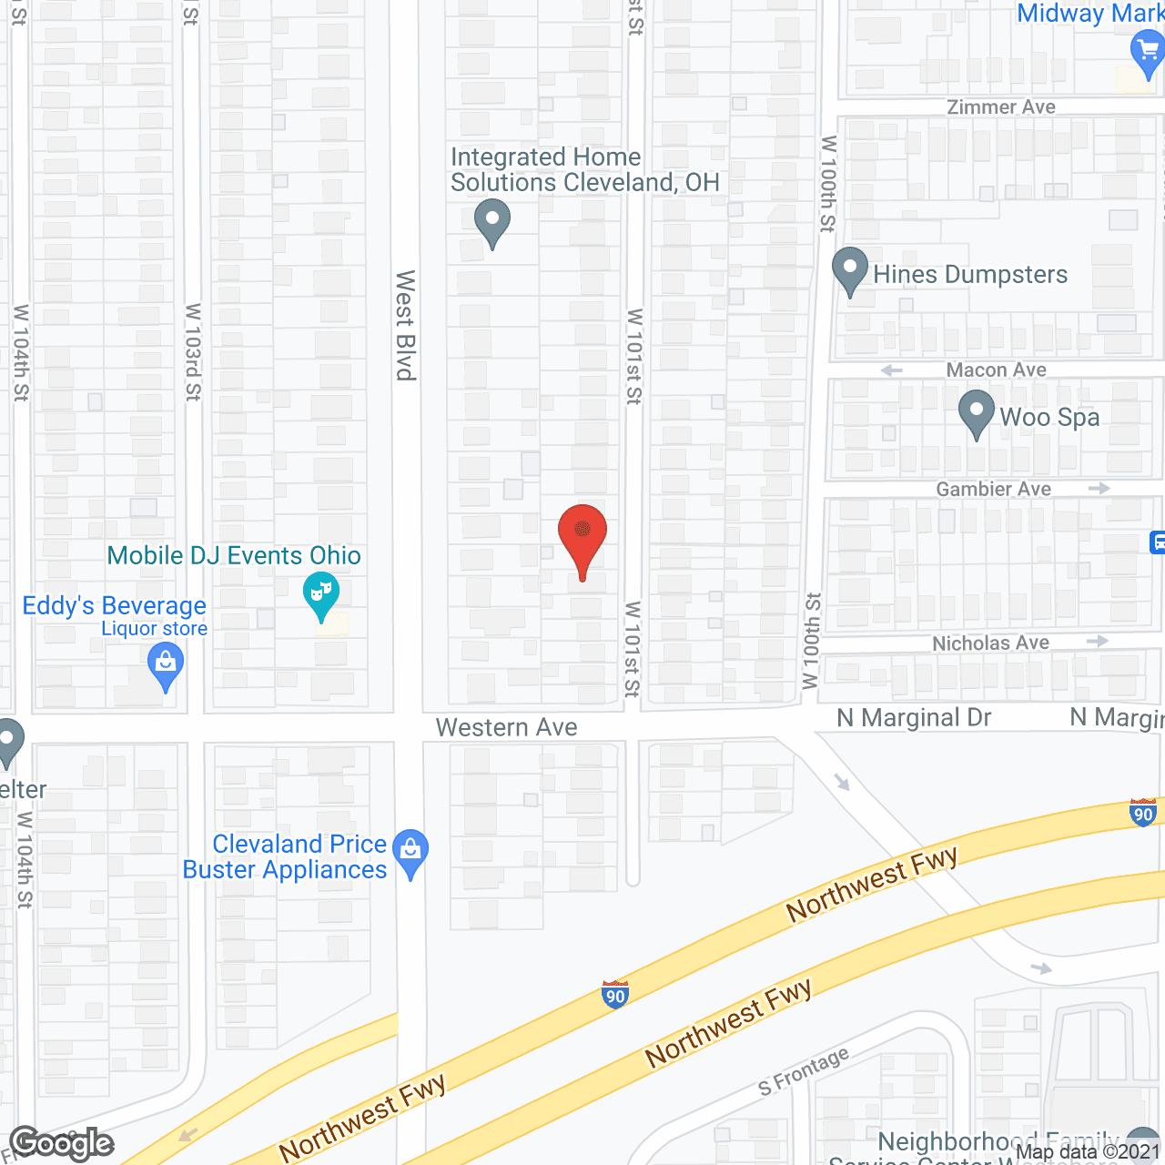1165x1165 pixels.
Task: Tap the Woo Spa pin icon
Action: [x=977, y=411]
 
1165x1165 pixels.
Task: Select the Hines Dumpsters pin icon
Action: [x=850, y=269]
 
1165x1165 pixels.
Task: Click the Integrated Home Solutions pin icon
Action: [x=492, y=221]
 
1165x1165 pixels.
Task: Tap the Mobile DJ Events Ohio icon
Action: [x=320, y=593]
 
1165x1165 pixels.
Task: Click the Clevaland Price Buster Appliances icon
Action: [x=410, y=851]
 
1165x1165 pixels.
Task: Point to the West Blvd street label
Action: [x=406, y=325]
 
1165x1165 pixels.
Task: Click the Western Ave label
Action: [x=506, y=727]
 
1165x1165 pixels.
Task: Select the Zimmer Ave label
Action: [x=1001, y=107]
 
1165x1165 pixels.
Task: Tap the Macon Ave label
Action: [x=996, y=370]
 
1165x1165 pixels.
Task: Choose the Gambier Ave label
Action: [x=993, y=489]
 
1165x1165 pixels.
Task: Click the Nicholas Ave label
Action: [x=990, y=643]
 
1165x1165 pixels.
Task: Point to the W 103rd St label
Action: [x=193, y=352]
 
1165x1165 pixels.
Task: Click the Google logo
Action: [x=62, y=1144]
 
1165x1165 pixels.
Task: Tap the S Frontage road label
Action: [x=804, y=1071]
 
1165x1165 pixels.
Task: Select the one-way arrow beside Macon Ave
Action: [x=892, y=370]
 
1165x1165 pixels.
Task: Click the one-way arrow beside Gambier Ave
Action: [x=1099, y=489]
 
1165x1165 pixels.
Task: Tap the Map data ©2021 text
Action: [x=1088, y=1152]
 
